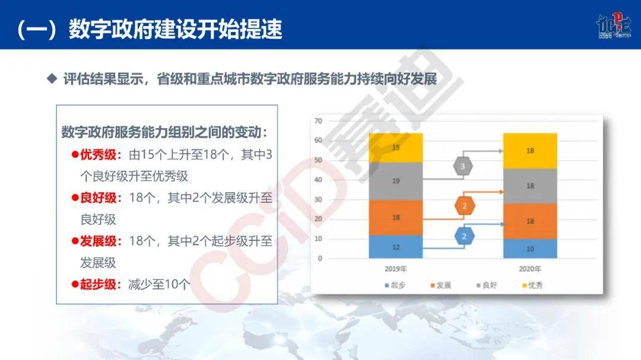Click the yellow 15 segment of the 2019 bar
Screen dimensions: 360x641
pos(396,148)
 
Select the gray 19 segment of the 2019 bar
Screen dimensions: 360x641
pos(396,181)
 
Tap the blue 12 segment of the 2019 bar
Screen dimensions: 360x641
pos(396,247)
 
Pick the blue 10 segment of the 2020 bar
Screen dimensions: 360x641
pos(530,249)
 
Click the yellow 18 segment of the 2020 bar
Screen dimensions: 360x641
pos(530,151)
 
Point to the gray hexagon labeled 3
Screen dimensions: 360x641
pos(463,167)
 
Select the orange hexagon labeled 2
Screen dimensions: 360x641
pos(464,206)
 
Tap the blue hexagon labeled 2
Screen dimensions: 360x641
pos(464,236)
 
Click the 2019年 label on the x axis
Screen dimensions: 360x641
pos(396,269)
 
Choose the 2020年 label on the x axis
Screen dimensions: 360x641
pos(530,269)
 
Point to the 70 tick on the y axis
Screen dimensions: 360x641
pos(318,121)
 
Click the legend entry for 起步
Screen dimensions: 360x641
pos(395,285)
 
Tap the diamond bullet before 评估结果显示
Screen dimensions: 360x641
pos(51,78)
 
